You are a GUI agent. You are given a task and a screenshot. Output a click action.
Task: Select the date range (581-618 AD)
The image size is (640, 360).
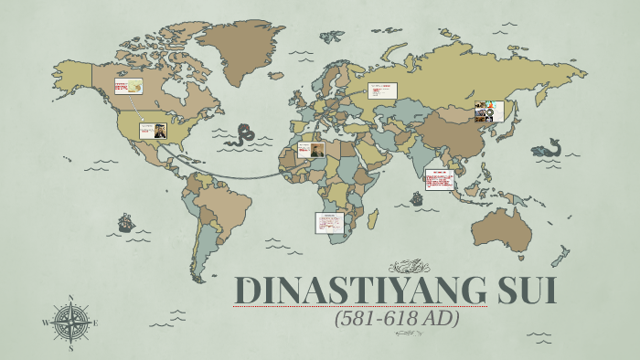(396, 321)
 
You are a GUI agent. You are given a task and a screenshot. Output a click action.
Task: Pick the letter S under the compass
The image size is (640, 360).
(71, 347)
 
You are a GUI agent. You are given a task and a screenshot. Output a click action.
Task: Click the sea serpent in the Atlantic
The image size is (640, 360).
(244, 137)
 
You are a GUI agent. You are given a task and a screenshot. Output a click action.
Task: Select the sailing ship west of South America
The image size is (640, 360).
(124, 222)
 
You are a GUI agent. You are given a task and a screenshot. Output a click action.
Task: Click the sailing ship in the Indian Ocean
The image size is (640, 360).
(417, 197)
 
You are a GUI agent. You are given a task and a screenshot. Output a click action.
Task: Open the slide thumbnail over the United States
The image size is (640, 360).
(153, 131)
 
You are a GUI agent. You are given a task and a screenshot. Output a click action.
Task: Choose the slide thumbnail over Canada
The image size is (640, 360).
(129, 87)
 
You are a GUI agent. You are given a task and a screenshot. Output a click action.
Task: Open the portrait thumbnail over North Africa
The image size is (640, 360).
(311, 150)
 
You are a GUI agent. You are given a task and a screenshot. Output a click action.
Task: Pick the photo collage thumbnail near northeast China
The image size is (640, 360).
(489, 111)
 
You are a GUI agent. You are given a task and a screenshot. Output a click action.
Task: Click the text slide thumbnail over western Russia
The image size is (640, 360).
(382, 90)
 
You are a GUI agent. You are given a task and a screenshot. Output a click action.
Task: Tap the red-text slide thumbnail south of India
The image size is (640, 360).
(439, 179)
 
